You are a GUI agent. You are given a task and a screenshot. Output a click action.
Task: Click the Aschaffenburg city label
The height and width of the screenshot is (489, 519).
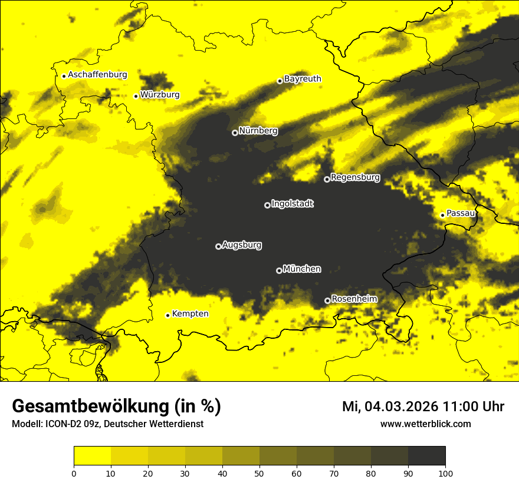click(97, 75)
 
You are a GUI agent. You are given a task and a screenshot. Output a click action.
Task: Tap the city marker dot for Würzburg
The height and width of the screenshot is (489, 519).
click(136, 96)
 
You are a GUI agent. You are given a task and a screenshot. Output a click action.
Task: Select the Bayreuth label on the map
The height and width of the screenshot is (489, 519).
click(303, 79)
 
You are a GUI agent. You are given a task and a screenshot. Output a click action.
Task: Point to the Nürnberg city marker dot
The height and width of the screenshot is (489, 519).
click(235, 133)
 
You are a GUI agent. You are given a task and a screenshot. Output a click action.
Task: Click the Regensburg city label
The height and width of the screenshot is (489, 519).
click(355, 177)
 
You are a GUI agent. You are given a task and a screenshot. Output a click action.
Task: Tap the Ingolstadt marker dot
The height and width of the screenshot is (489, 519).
click(267, 205)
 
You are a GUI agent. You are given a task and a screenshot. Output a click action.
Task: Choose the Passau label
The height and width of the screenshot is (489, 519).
click(461, 213)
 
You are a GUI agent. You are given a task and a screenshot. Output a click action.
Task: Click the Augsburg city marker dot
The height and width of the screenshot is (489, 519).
click(218, 246)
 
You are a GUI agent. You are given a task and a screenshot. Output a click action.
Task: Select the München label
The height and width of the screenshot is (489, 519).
click(302, 269)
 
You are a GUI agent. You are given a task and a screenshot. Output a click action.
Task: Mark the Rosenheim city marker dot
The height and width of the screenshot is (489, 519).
click(327, 300)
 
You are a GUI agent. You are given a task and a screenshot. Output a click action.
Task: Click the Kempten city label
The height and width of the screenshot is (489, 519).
click(190, 314)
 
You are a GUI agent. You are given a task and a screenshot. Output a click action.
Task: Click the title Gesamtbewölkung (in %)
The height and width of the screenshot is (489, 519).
click(116, 407)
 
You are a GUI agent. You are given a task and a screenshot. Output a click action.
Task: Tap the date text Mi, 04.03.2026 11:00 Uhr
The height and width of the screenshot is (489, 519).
click(423, 407)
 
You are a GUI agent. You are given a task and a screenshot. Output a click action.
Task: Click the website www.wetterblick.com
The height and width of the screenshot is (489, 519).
click(425, 424)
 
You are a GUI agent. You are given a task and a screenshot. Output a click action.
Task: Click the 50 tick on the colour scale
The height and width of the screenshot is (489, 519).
click(259, 473)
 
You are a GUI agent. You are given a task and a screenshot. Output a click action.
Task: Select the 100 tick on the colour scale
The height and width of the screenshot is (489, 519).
click(445, 473)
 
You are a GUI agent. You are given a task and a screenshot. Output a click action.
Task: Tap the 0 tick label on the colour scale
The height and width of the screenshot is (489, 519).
click(74, 473)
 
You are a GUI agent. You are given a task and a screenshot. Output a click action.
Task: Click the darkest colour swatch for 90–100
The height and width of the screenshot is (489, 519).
click(426, 456)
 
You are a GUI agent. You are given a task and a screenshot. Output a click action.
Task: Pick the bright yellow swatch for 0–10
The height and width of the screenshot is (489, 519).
click(92, 456)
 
